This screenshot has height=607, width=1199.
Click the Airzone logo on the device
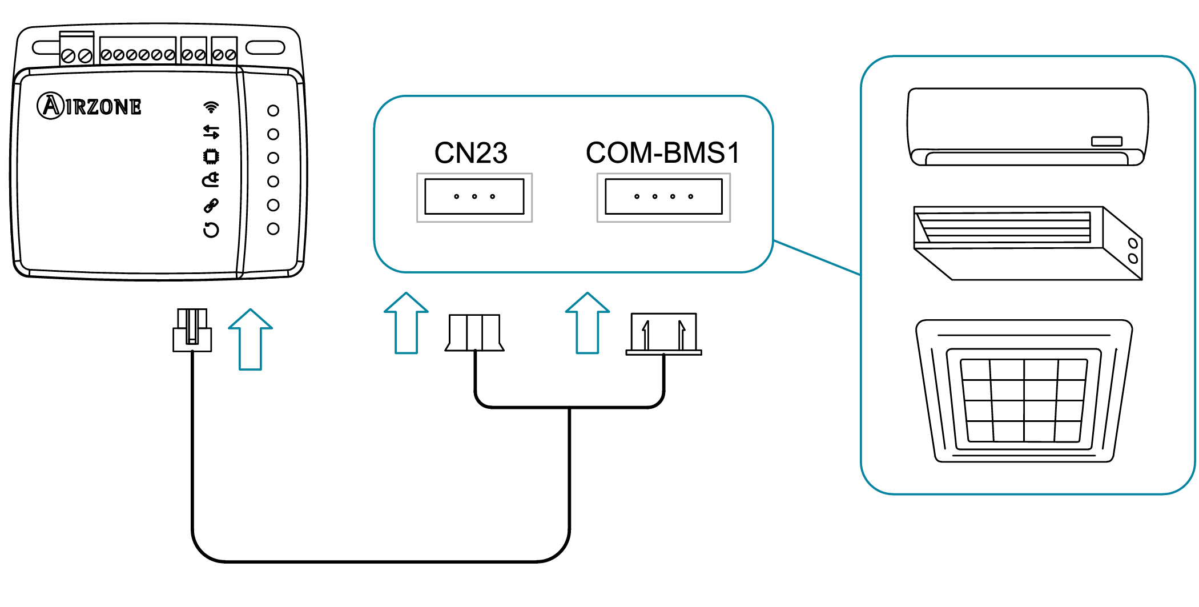coord(90,106)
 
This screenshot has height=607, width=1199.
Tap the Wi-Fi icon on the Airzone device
coord(211,107)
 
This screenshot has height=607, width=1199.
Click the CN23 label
coord(470,153)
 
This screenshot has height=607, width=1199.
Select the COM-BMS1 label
coord(662,153)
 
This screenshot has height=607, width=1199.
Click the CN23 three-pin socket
coord(474,197)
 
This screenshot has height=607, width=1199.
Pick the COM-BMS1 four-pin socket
coord(663,197)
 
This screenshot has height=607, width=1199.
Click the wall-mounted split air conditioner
coord(1027,127)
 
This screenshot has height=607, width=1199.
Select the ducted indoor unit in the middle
coord(1027,243)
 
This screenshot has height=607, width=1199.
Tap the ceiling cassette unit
coord(1024,391)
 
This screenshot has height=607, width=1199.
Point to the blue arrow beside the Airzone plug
coord(251,339)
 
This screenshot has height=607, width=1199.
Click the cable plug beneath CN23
coord(474,332)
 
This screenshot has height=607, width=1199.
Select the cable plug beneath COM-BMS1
coord(663,333)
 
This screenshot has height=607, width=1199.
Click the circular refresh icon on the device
coord(211,230)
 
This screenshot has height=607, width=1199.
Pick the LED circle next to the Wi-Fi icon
coord(273,110)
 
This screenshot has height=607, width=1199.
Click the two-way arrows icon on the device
coord(211,132)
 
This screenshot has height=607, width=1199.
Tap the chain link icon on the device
coord(211,206)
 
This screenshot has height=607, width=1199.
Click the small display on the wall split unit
coord(1107,141)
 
